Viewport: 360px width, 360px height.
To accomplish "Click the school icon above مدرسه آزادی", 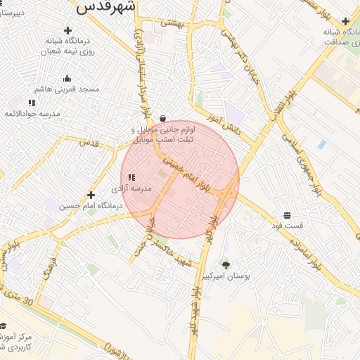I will click(x=131, y=178).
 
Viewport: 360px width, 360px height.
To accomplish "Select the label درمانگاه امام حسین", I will click(x=91, y=206).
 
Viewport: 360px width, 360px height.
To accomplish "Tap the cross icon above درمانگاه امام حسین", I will click(x=91, y=195).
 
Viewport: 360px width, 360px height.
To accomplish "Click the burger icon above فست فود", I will click(x=288, y=215).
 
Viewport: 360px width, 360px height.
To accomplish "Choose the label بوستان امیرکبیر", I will click(x=226, y=276).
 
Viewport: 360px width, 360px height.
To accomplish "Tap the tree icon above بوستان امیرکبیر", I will click(x=226, y=265).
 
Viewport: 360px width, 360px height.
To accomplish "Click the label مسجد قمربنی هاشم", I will click(x=67, y=90).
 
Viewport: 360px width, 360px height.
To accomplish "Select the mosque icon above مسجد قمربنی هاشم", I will click(x=67, y=79).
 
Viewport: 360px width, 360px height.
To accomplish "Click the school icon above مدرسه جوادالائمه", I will click(x=32, y=103).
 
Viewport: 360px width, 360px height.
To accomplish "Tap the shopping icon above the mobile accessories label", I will click(x=163, y=118).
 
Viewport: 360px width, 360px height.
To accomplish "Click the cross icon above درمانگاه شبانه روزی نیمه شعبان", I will click(x=67, y=30).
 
